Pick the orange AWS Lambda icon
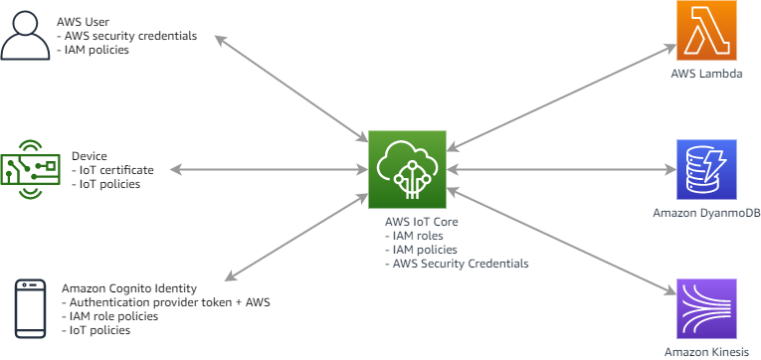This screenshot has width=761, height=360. coord(706,32)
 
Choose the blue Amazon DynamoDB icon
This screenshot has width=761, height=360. coord(706,169)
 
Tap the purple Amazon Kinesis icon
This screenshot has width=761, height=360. coord(706,308)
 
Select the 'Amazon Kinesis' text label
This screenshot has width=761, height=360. coord(706,352)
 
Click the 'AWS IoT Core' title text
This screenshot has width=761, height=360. coord(421,221)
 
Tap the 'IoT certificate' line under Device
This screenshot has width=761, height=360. coord(112,170)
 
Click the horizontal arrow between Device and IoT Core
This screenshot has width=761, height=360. coord(269,170)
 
